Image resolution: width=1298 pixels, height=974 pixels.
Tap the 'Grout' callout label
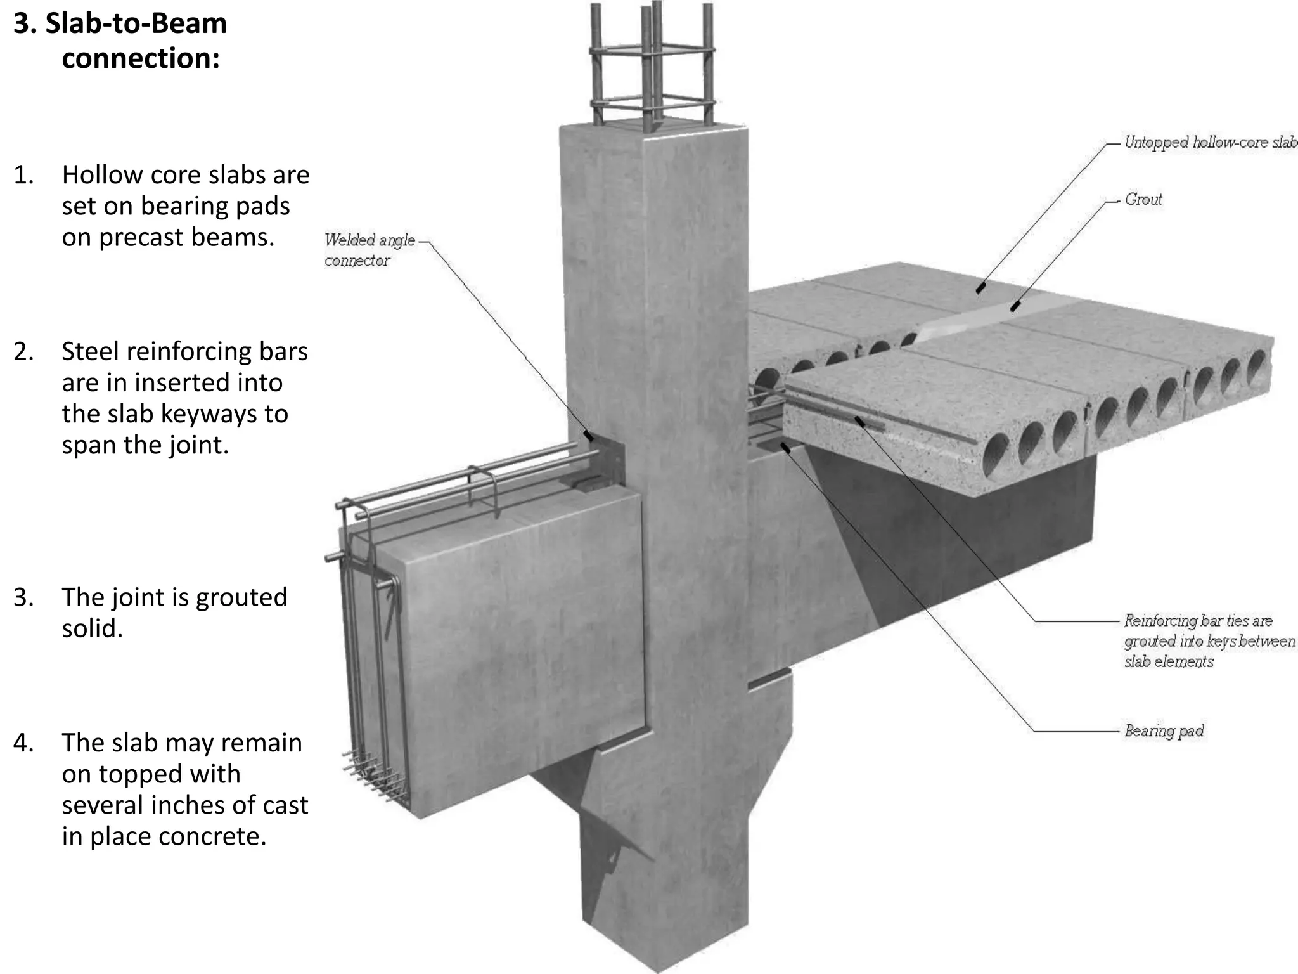coord(1143,199)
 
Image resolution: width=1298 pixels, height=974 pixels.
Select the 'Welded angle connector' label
coord(369,250)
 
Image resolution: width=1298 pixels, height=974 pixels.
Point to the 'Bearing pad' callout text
coord(1164,731)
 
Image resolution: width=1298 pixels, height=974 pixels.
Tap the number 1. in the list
coord(23,176)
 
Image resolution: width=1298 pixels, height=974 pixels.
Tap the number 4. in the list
coord(23,743)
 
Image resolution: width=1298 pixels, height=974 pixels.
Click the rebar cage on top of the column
coord(653,70)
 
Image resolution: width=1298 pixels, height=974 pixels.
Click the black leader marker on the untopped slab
coord(980,289)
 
